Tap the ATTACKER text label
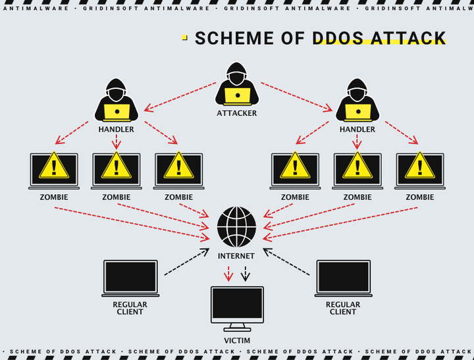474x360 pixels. (x=237, y=113)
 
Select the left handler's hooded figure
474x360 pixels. (x=117, y=100)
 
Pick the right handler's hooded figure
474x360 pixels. (x=357, y=100)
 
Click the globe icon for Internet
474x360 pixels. (x=237, y=227)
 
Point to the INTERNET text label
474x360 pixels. (x=236, y=256)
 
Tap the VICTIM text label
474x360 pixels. (x=237, y=340)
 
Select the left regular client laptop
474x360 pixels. (x=130, y=278)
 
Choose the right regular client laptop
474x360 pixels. (x=343, y=278)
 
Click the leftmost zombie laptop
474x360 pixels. (x=54, y=171)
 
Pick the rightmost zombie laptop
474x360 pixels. (x=419, y=171)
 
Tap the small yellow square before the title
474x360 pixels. (x=184, y=38)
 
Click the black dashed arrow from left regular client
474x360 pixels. (x=186, y=263)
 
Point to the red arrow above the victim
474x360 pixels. (x=228, y=273)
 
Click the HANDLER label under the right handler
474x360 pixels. (x=357, y=130)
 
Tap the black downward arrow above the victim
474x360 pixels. (x=246, y=273)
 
